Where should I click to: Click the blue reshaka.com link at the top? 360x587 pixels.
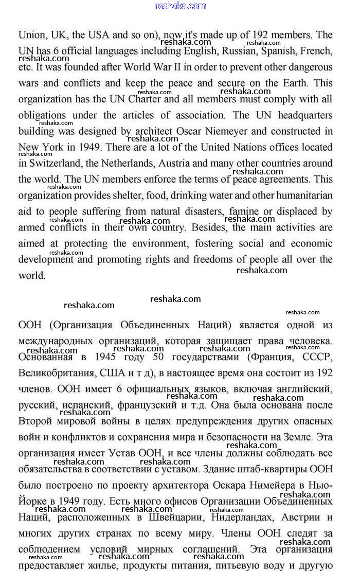179,6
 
